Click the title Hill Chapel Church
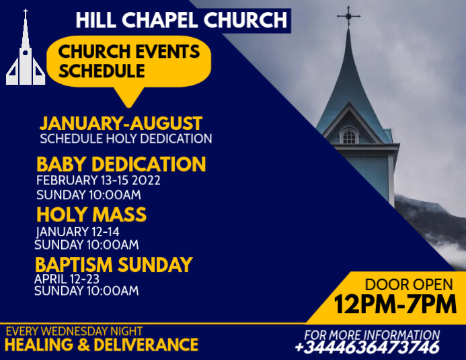point(182,20)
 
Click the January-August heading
point(121,124)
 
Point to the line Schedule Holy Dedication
point(126,139)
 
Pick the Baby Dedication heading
point(121,164)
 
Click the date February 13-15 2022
point(98,180)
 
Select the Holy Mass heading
point(91,215)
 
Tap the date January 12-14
point(77,231)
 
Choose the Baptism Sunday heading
point(114,264)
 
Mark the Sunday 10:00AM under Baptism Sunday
point(87,291)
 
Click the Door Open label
point(400,284)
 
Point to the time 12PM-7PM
point(395,304)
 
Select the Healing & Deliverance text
point(102,345)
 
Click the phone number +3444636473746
point(366,348)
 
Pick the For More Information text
point(372,334)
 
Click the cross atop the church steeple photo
point(348,15)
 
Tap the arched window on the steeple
point(348,137)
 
